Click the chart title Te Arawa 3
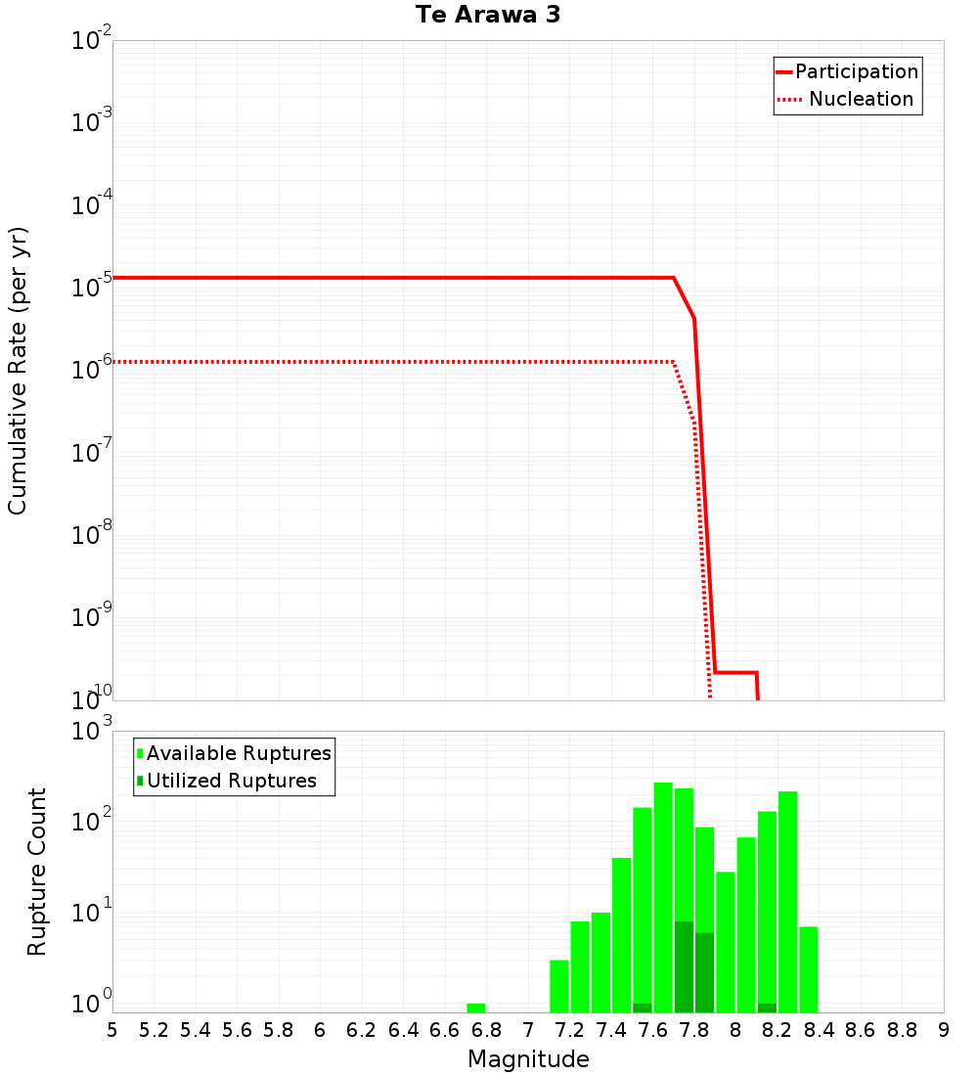(487, 15)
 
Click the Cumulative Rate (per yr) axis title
(18, 371)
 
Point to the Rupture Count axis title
(37, 872)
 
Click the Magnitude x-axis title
(528, 1058)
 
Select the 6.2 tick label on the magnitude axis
(361, 1030)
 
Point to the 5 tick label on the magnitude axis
(112, 1030)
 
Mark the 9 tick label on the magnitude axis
(943, 1030)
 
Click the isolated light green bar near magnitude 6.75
(476, 1008)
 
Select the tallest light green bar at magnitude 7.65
(663, 880)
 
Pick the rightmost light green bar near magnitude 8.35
(809, 968)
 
